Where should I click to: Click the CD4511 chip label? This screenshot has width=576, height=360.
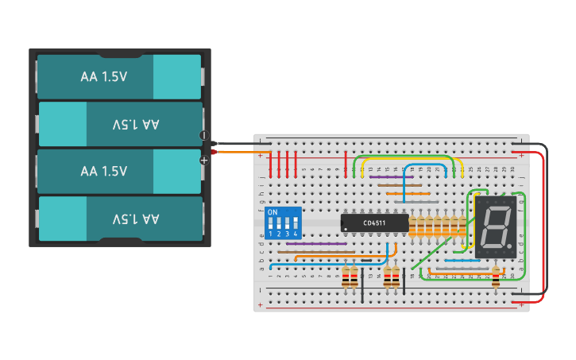[x=374, y=223]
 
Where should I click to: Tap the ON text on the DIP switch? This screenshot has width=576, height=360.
[x=273, y=213]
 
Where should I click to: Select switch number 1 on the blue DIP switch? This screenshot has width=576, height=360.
[x=271, y=226]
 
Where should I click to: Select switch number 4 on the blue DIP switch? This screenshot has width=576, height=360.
[x=296, y=226]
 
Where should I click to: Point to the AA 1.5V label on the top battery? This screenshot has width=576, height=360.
[x=104, y=77]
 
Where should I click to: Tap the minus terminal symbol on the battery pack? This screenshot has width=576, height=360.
[x=204, y=136]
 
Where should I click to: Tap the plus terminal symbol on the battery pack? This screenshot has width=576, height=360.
[x=204, y=160]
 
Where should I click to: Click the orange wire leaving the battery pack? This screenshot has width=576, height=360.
[x=238, y=151]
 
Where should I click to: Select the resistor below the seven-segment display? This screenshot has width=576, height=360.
[x=496, y=276]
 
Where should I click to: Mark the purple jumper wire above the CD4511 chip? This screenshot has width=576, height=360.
[x=390, y=176]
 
